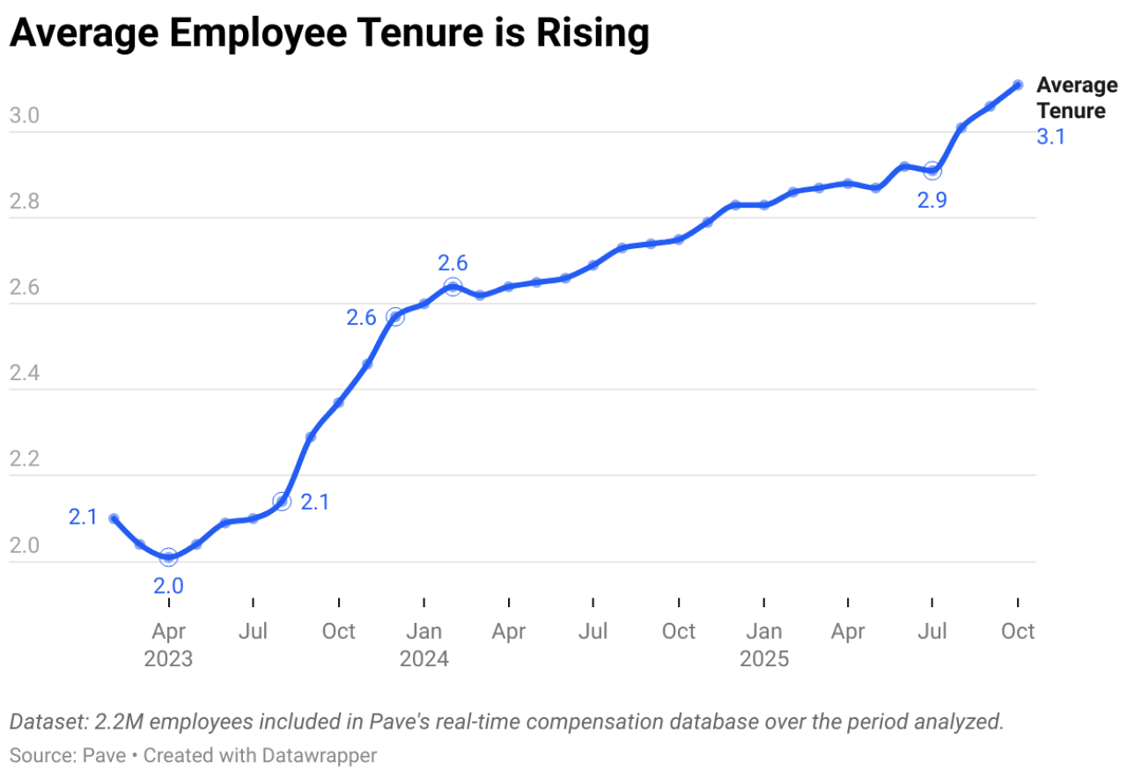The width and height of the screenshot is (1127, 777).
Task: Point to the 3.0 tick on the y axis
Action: [x=24, y=116]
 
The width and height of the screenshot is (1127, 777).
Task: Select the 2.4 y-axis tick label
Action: [x=24, y=373]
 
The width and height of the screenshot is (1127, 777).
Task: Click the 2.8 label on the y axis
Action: [x=24, y=202]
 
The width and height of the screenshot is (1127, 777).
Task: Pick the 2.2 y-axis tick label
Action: [x=24, y=459]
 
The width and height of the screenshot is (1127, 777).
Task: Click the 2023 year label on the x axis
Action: [x=168, y=659]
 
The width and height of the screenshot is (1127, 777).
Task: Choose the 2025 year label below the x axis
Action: [x=763, y=659]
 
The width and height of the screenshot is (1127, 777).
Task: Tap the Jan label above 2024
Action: [x=424, y=631]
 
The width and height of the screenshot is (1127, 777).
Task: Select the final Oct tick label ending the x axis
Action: [x=1018, y=631]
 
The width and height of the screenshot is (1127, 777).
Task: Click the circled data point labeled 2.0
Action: [x=168, y=557]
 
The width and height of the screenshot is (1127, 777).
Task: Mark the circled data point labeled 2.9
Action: [x=932, y=171]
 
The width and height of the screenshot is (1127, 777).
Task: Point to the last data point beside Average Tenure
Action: [x=1018, y=84]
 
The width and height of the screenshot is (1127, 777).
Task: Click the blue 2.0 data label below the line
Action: [x=168, y=586]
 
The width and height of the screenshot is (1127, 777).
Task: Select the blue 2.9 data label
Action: [x=932, y=201]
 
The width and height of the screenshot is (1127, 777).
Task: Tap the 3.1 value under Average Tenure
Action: [x=1050, y=136]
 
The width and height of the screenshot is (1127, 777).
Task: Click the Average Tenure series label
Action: [x=1076, y=98]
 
